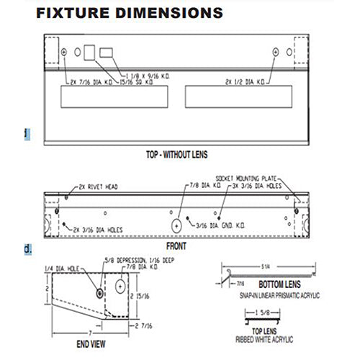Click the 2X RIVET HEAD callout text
[x=102, y=186]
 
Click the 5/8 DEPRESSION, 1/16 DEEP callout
[x=138, y=260]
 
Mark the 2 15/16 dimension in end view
[x=145, y=295]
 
